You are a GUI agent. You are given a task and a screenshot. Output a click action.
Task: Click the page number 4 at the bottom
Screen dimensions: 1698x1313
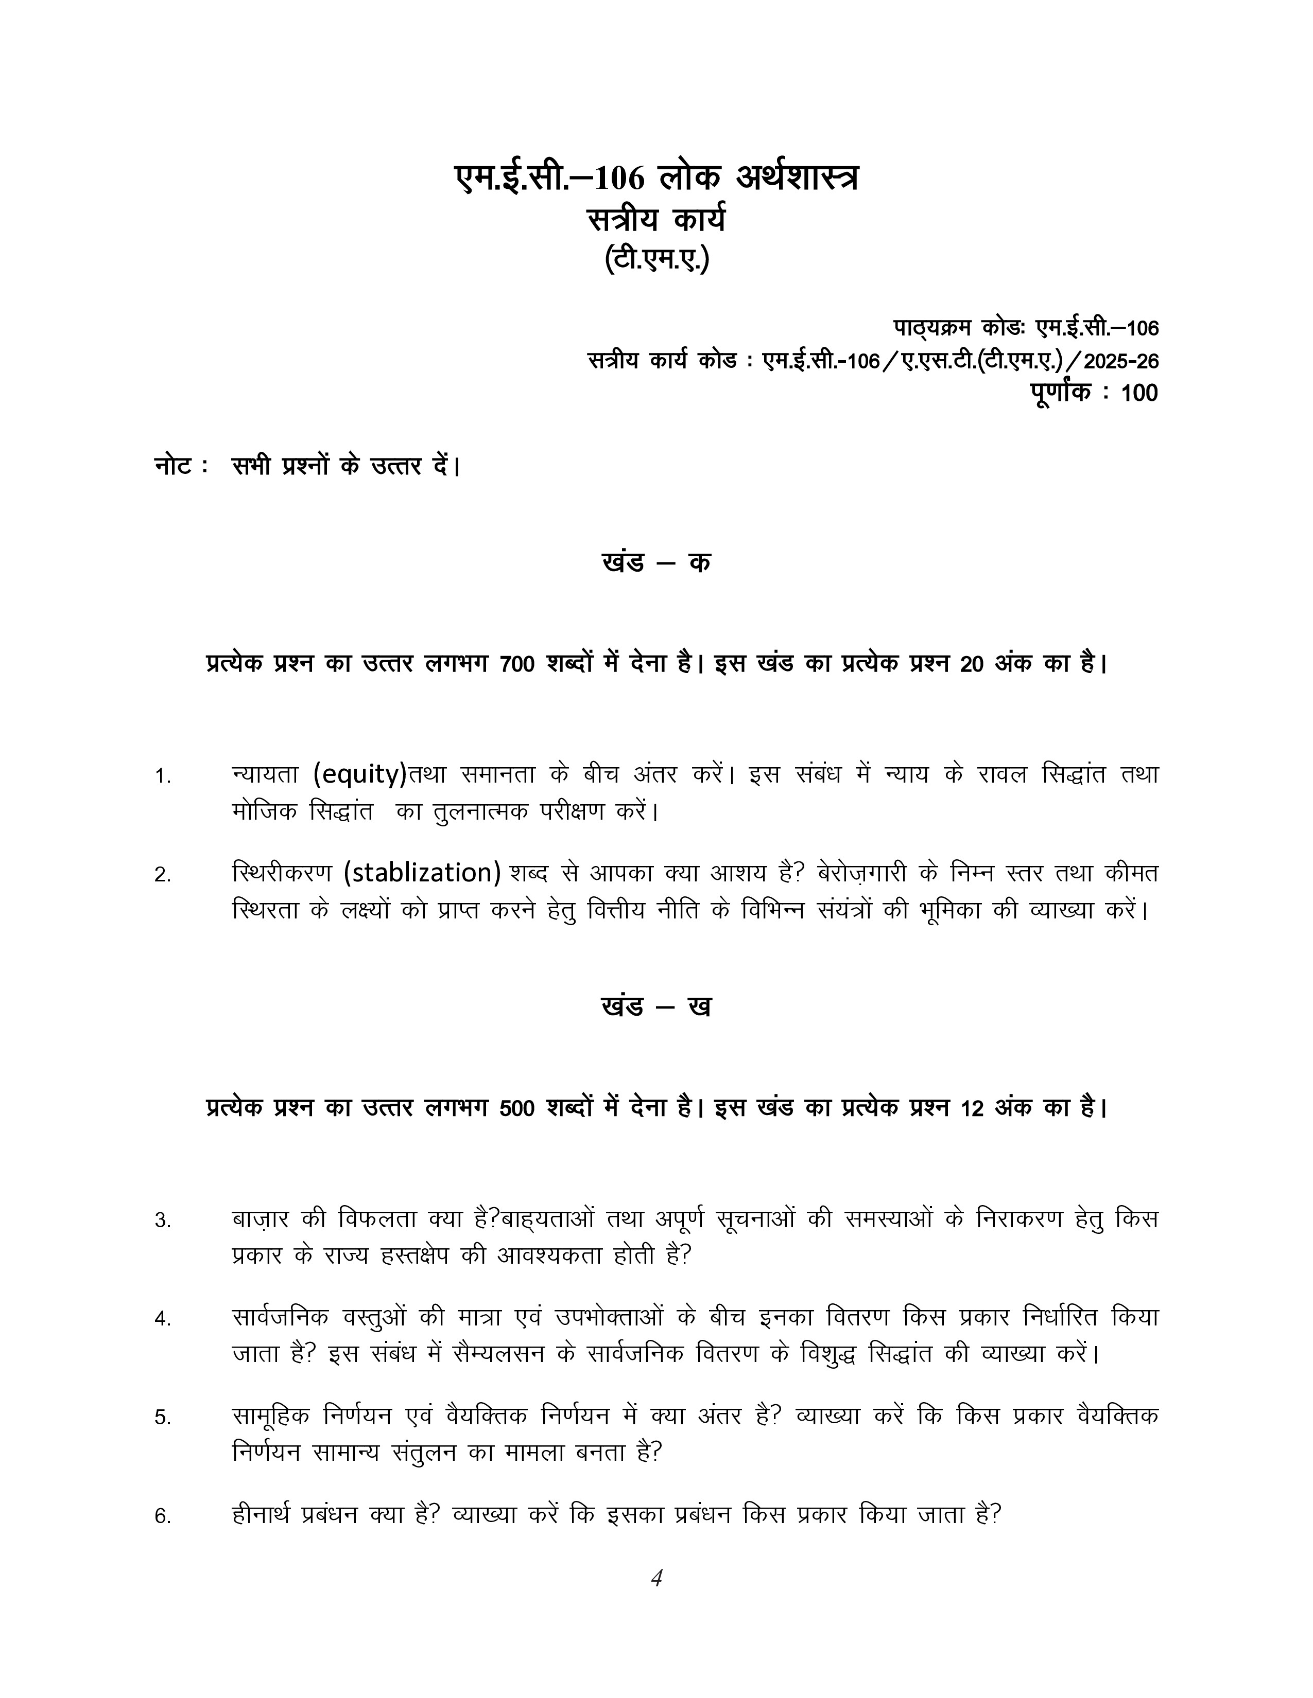[656, 1578]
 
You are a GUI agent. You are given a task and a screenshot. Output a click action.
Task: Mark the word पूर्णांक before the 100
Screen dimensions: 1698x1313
[1061, 392]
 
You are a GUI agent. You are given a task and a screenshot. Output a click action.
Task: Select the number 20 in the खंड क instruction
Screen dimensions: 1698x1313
[972, 665]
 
